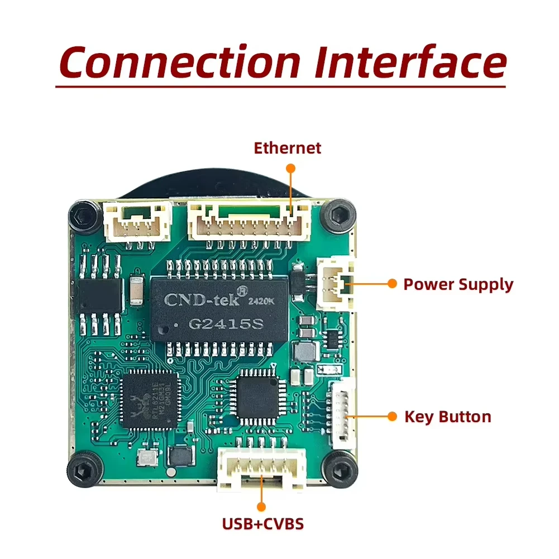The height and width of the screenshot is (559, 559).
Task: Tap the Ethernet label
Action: click(x=288, y=148)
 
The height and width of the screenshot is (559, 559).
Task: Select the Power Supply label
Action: click(x=458, y=284)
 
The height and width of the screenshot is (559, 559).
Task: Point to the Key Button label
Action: click(x=448, y=417)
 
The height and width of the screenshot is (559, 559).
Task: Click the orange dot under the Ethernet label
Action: click(x=290, y=168)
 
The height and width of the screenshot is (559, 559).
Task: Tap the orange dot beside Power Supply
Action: click(x=392, y=284)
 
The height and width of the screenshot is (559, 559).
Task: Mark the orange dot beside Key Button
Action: click(x=392, y=417)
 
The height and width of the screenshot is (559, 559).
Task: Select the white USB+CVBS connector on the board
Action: click(x=261, y=468)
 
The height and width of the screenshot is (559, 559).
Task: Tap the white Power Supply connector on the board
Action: click(x=335, y=284)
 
